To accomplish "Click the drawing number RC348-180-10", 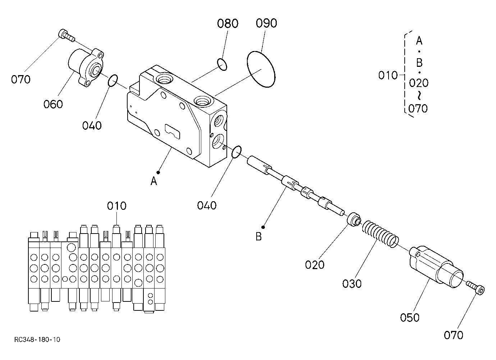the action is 37,340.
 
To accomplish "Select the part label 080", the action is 228,23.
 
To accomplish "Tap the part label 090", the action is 266,23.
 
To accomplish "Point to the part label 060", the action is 53,104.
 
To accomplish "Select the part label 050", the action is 410,318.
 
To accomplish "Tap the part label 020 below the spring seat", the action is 314,264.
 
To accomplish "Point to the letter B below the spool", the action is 258,236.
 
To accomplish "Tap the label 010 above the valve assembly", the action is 117,206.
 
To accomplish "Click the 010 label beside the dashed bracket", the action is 388,75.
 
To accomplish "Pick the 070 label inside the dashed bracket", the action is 418,109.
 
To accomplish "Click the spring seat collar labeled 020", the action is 354,220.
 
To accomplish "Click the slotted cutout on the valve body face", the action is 173,132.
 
